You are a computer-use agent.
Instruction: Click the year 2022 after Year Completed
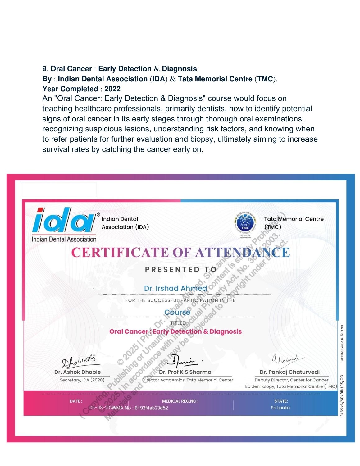[x=112, y=89]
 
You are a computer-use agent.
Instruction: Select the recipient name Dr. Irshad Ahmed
[x=175, y=288]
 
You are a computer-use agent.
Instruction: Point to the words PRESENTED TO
[x=180, y=269]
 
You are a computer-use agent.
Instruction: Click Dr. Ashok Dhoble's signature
[x=79, y=361]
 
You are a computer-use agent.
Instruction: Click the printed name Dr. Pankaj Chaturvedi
[x=289, y=372]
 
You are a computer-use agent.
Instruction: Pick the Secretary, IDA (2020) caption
[x=82, y=380]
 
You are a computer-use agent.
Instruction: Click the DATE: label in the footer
[x=76, y=401]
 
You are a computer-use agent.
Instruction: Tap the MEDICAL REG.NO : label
[x=180, y=401]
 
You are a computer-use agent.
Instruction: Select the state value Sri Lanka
[x=280, y=408]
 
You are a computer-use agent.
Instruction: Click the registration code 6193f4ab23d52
[x=151, y=408]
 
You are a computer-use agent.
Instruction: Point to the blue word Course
[x=177, y=312]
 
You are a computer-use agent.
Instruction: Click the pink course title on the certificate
[x=175, y=331]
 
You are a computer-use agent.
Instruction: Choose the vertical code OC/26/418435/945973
[x=342, y=395]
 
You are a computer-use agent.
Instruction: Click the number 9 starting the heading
[x=44, y=69]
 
